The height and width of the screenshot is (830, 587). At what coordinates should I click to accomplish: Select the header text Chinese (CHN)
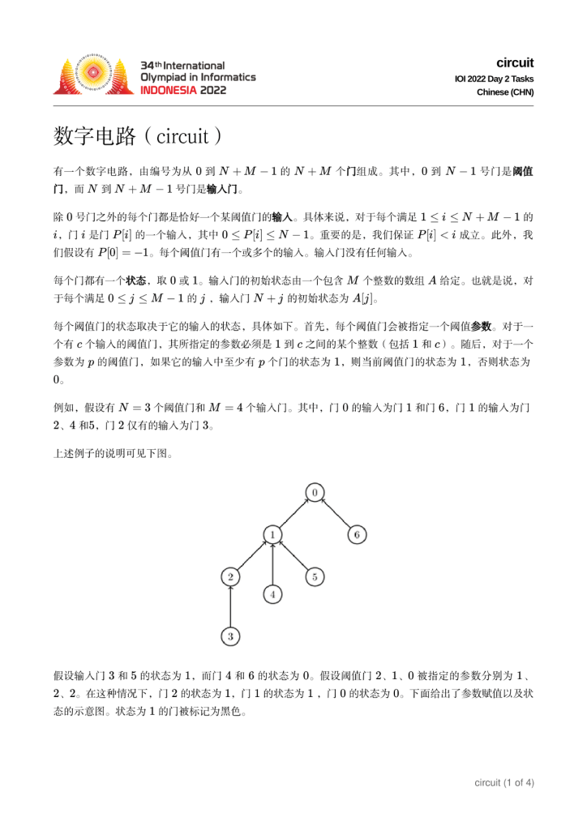coord(505,92)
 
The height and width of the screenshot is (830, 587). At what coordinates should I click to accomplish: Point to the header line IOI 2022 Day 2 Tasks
coord(494,78)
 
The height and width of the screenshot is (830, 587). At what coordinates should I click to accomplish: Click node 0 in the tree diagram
coord(315,492)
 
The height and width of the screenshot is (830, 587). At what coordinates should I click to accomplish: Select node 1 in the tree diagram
coord(273,534)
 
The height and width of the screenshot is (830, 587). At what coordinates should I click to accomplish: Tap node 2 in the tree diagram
coord(231,576)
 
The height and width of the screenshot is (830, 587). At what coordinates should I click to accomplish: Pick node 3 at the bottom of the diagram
coord(231,636)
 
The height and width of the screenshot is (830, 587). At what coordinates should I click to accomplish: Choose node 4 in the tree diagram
coord(273,594)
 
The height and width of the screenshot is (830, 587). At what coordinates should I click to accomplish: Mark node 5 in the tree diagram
coord(315,576)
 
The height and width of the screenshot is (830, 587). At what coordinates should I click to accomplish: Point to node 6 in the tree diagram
coord(358,534)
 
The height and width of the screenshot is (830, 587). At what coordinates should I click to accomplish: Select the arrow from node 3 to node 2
coord(231,606)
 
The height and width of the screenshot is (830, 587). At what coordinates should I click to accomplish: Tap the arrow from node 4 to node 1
coord(273,564)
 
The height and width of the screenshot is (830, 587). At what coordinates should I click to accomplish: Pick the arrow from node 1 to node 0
coord(294,513)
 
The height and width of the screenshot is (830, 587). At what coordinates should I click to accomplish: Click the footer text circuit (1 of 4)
coord(503,782)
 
